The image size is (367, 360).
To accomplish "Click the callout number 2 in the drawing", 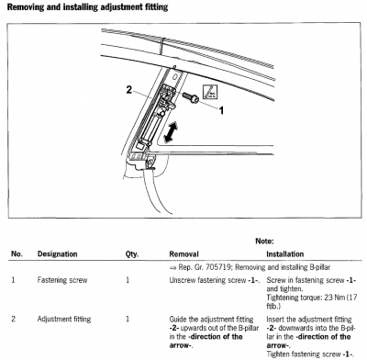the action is [x=129, y=90].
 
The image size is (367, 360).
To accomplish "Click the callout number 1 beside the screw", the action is [x=221, y=110].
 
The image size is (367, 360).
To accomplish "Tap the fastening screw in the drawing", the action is [x=191, y=97].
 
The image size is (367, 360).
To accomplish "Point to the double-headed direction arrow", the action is [x=171, y=132].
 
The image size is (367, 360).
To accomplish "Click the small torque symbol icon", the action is [x=211, y=91].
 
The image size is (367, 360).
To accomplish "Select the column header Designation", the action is [x=57, y=254].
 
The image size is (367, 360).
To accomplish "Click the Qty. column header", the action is [x=132, y=254].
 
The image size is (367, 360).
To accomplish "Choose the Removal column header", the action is [x=183, y=254].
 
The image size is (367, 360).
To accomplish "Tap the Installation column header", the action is [x=284, y=254].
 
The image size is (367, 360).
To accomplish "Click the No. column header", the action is [x=17, y=254].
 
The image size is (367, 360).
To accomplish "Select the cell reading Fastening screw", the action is [x=62, y=280].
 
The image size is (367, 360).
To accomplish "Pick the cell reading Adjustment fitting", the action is [x=64, y=319].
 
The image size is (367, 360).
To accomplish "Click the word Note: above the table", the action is [x=264, y=241].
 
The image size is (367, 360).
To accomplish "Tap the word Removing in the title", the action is [x=26, y=7].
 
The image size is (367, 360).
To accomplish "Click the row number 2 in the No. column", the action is [x=13, y=319].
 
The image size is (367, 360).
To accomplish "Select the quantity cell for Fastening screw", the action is [x=128, y=280].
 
